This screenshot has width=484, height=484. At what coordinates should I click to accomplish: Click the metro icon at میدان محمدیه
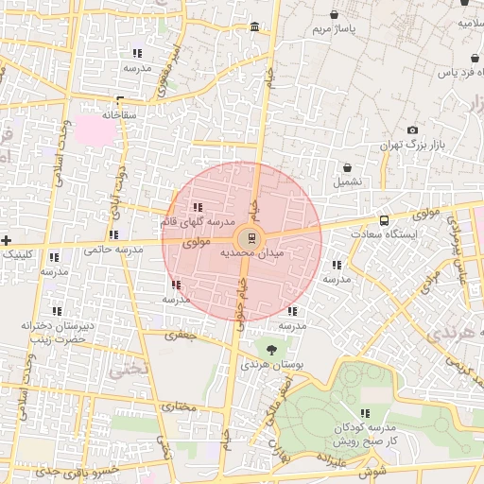(251, 237)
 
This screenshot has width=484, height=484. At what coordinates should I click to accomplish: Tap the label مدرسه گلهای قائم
(196, 221)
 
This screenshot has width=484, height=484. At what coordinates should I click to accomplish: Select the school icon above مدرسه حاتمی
(113, 234)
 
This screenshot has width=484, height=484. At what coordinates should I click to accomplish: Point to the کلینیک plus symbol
(7, 240)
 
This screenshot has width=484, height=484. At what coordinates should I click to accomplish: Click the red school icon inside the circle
(176, 285)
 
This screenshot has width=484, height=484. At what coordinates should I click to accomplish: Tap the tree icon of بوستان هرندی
(272, 350)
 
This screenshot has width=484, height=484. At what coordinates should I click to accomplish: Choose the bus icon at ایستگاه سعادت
(383, 219)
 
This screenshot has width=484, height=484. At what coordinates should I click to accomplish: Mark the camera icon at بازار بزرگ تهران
(412, 130)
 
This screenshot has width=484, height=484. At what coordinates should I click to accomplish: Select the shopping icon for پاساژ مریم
(336, 15)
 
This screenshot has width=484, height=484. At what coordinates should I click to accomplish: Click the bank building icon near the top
(255, 26)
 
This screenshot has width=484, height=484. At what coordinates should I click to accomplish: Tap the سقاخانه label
(120, 114)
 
